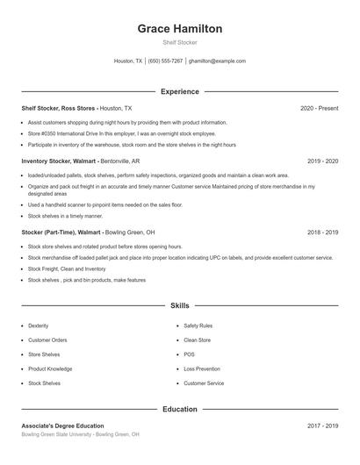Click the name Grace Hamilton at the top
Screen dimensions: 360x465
pos(179,29)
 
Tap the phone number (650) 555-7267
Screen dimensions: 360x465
pos(166,61)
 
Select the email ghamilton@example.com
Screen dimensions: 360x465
pos(217,61)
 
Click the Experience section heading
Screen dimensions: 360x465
pos(179,91)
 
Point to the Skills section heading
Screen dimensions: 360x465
pos(179,305)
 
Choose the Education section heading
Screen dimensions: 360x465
pos(179,409)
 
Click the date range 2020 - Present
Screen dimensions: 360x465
pos(319,108)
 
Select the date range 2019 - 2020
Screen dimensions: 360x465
pos(322,161)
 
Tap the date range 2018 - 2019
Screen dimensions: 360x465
pos(322,232)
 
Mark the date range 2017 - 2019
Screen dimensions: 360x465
pos(322,426)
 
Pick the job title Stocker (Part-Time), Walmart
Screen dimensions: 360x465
pos(61,232)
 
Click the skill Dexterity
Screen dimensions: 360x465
pos(39,325)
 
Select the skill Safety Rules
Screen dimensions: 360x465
pos(198,325)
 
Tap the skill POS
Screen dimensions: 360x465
pos(189,354)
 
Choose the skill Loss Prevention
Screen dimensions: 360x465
pos(202,369)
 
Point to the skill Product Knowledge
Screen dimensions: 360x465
pos(50,369)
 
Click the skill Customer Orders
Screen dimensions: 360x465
pos(47,340)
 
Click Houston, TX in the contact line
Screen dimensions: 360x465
pos(128,61)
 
